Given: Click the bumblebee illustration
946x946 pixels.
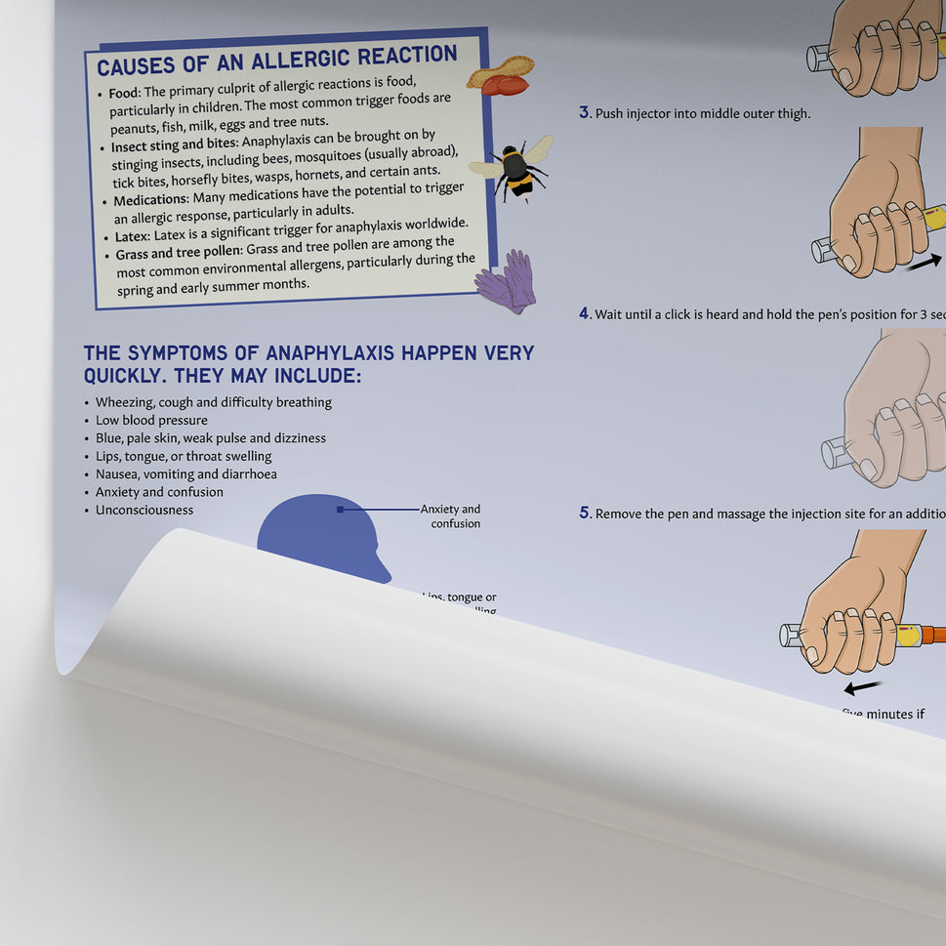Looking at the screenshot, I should point(514,169).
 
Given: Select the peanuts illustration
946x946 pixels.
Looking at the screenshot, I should point(501,76).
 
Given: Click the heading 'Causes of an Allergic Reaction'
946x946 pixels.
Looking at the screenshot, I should point(277,61).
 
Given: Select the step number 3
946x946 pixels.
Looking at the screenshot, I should point(585,112).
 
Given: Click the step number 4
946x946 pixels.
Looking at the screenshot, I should point(585,313).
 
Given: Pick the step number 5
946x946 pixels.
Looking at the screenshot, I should point(585,513).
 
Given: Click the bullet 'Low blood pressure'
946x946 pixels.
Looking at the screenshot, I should point(151,420).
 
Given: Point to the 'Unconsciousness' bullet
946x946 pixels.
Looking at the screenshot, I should point(144,510).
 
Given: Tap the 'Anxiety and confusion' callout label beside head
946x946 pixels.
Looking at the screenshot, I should point(451,515).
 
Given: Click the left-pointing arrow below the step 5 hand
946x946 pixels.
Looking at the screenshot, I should point(863,687).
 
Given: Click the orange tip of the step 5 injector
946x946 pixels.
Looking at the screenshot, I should point(931,635).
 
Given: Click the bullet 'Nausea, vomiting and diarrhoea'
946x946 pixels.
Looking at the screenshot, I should point(185,473).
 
